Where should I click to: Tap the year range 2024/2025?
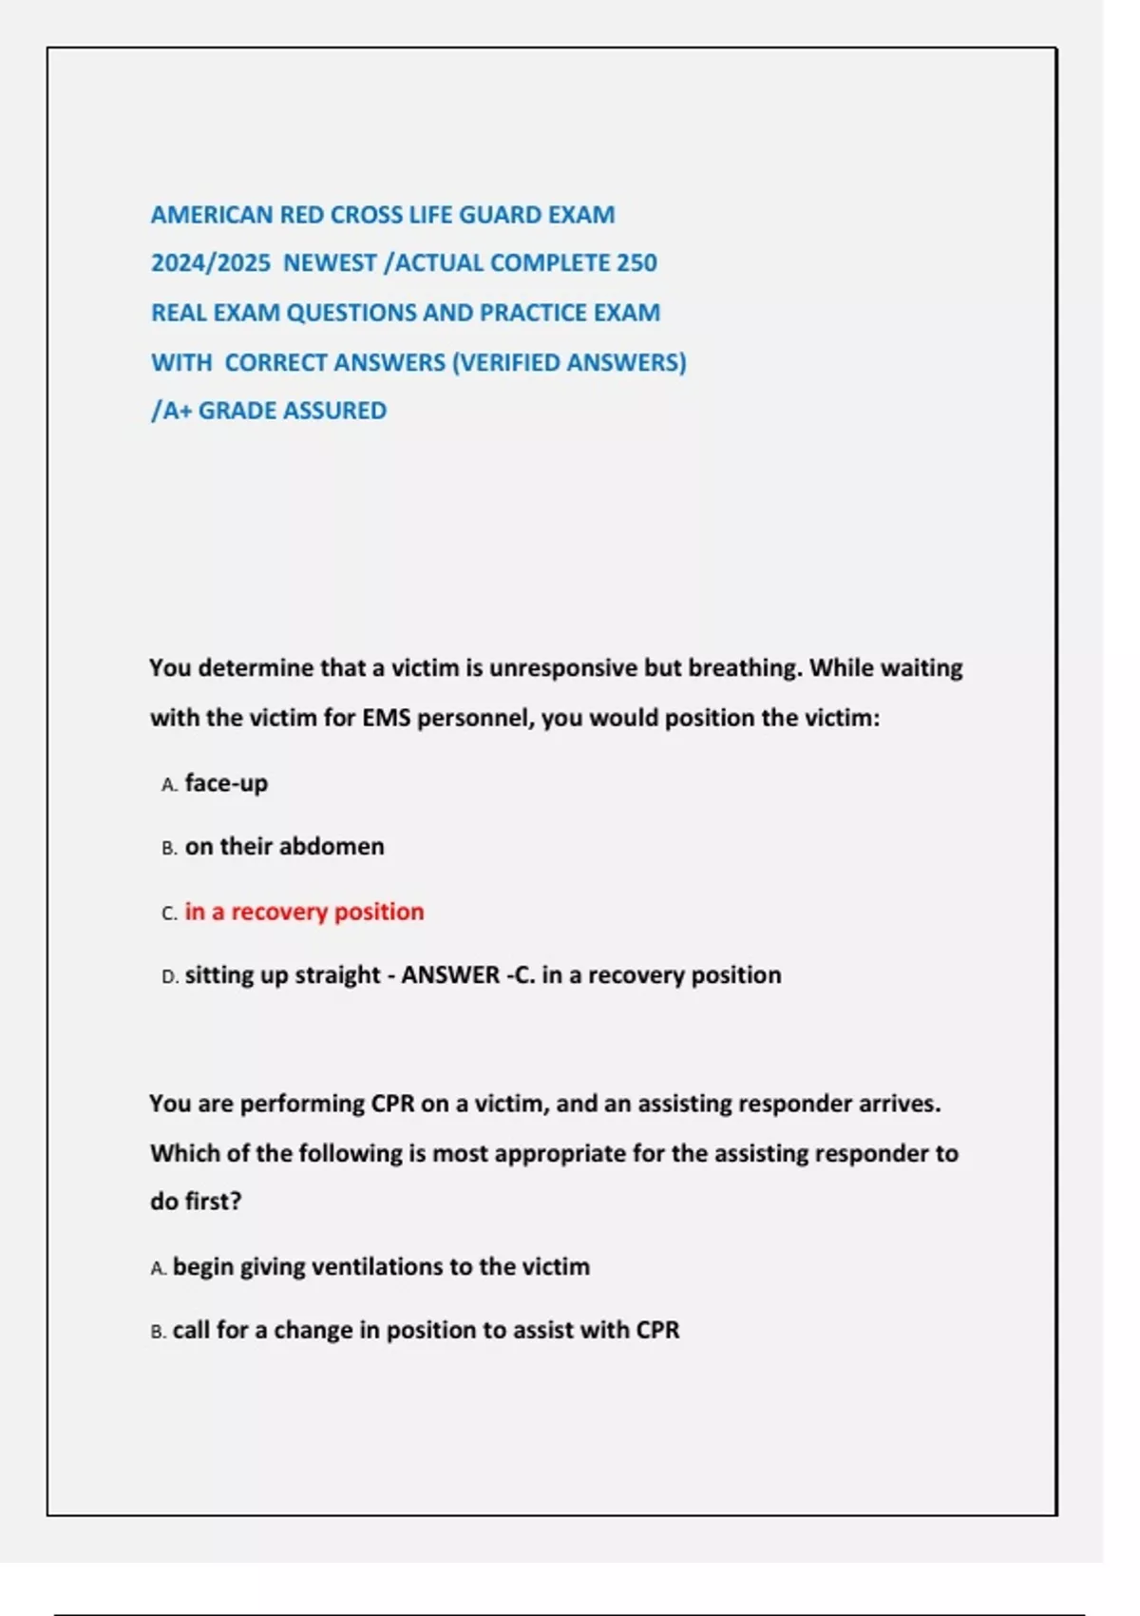tap(210, 263)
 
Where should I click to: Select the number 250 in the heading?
tap(636, 263)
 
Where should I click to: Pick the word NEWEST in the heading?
tap(329, 263)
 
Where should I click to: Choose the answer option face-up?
tap(226, 783)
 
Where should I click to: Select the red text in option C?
tap(304, 912)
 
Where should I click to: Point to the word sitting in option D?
tap(218, 975)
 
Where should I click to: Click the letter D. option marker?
tap(170, 977)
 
